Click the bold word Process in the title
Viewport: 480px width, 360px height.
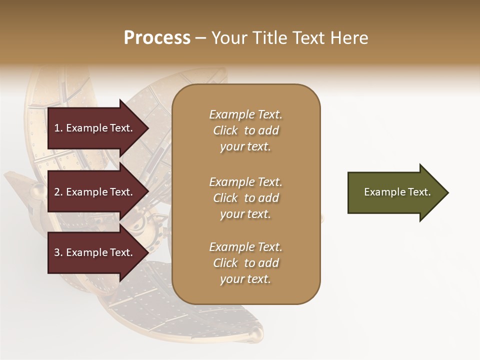point(157,38)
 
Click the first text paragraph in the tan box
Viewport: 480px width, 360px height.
point(245,130)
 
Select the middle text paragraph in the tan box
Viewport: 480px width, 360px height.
point(245,198)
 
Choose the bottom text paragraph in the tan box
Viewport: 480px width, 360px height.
point(245,263)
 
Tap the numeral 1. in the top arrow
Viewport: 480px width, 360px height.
point(58,128)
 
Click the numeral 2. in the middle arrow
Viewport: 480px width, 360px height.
point(58,192)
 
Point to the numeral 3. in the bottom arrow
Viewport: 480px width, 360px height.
point(58,252)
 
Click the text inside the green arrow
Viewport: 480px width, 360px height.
point(397,192)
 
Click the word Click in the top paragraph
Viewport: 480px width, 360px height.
point(225,130)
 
